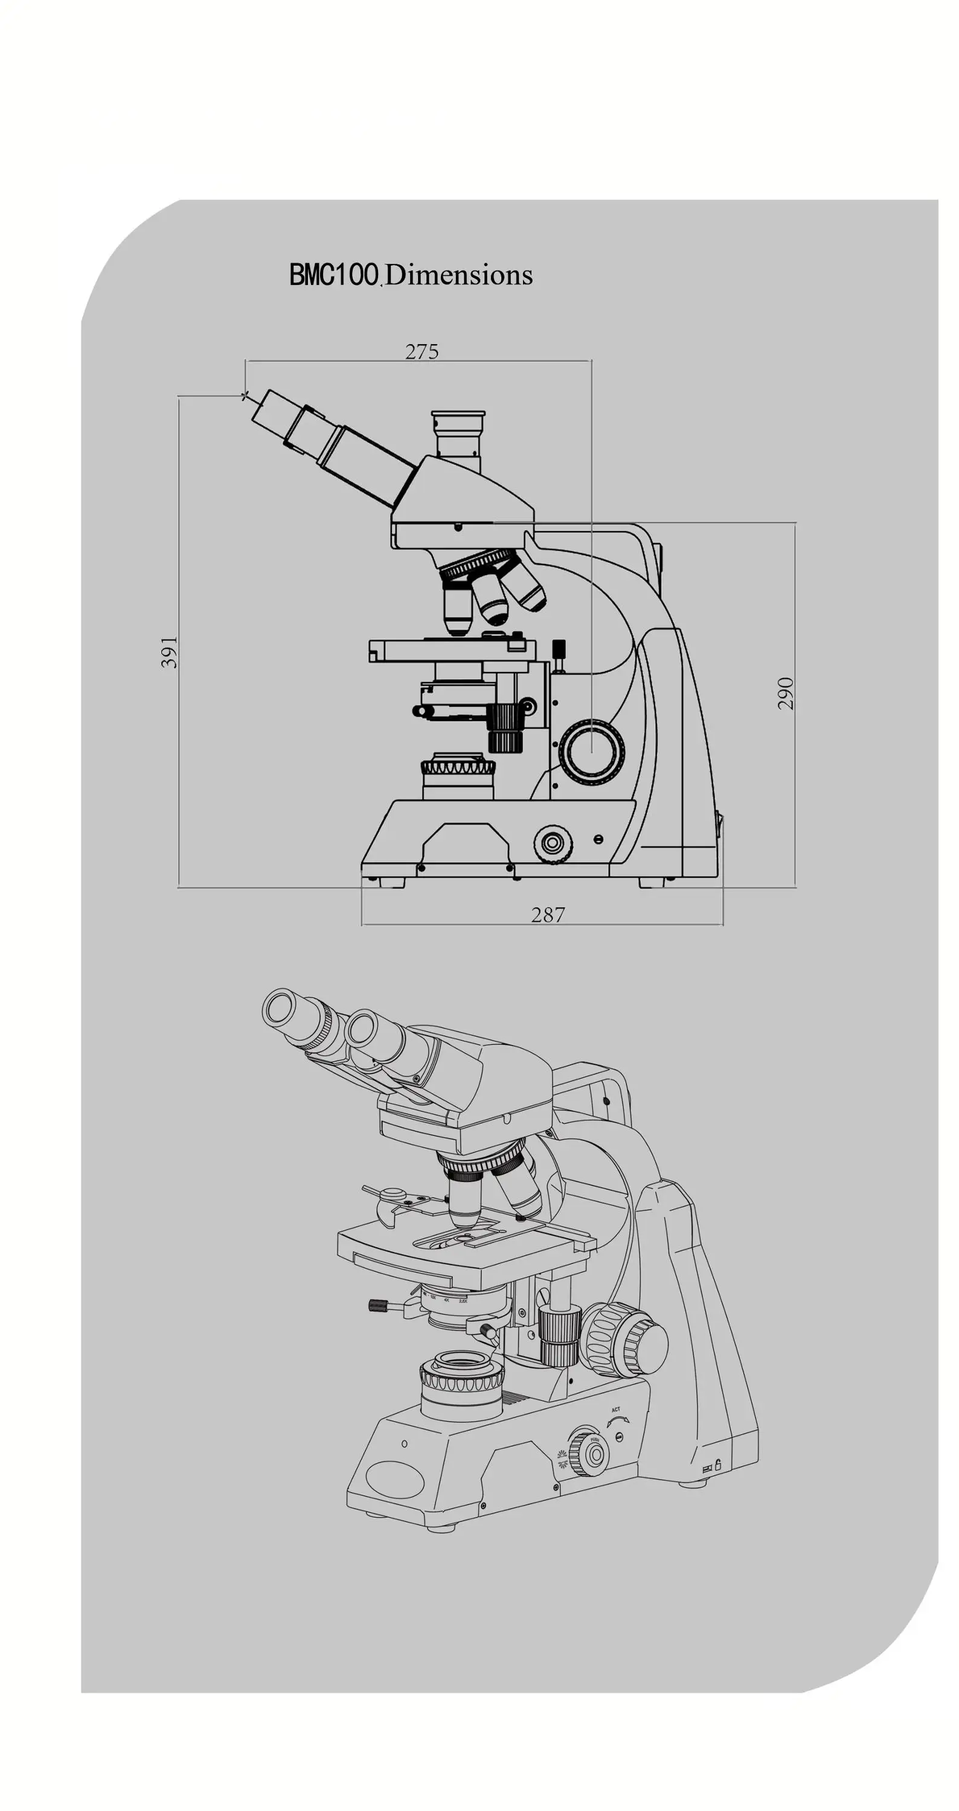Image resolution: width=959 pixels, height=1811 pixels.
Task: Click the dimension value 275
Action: pyautogui.click(x=422, y=351)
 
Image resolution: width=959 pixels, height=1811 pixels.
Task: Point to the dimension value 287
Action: pyautogui.click(x=548, y=914)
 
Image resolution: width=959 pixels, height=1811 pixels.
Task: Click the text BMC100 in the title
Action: pyautogui.click(x=334, y=274)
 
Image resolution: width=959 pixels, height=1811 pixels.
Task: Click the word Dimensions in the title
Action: pyautogui.click(x=459, y=275)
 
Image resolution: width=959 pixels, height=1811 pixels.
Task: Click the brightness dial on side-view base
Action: pyautogui.click(x=553, y=842)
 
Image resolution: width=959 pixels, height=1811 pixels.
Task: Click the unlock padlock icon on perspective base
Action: pyautogui.click(x=718, y=1465)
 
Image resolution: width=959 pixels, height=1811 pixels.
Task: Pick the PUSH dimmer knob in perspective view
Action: pyautogui.click(x=592, y=1454)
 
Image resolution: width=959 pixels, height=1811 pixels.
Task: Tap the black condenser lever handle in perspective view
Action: pyautogui.click(x=378, y=1305)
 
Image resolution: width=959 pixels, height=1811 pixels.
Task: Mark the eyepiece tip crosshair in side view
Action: pyautogui.click(x=245, y=397)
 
